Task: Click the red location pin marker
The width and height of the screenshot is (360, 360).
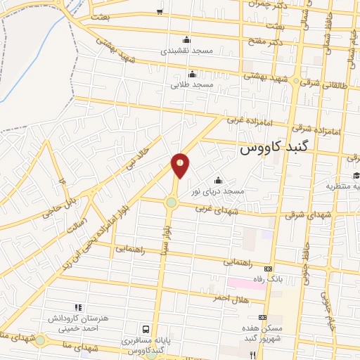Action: click(x=181, y=165)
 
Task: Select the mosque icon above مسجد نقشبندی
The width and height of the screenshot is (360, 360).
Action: click(x=186, y=39)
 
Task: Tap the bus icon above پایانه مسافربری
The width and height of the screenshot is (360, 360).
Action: click(x=146, y=329)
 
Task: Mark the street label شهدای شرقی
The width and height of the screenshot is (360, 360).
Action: click(x=309, y=214)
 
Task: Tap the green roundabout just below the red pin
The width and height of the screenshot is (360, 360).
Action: click(x=171, y=204)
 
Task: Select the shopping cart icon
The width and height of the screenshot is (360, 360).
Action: click(x=160, y=11)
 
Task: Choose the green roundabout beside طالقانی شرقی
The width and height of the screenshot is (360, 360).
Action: click(x=297, y=82)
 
